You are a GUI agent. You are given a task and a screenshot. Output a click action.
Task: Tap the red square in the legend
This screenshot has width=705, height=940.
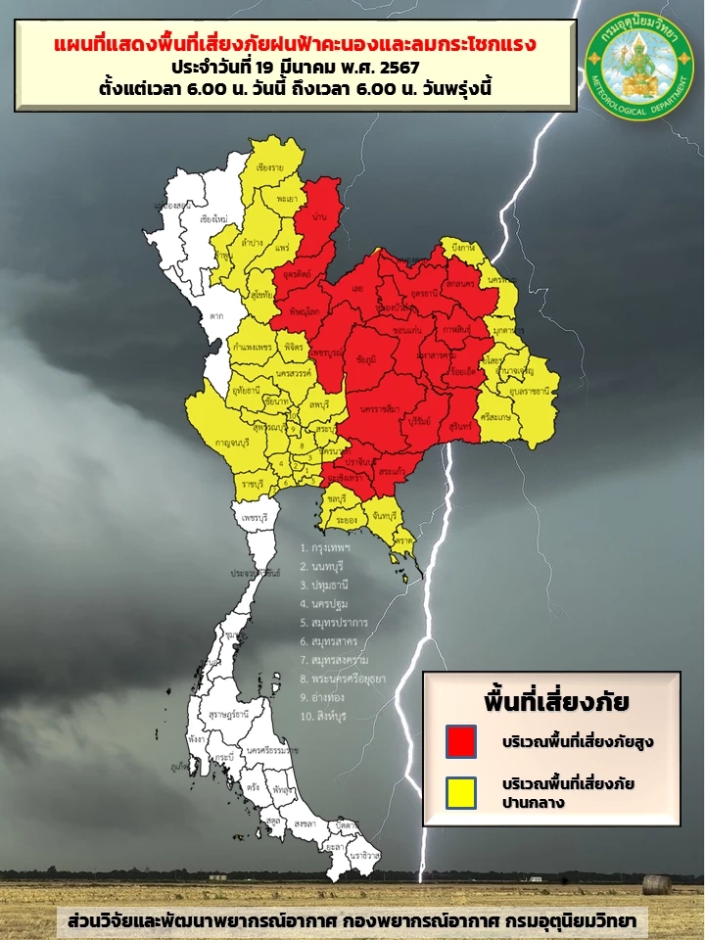point(460,740)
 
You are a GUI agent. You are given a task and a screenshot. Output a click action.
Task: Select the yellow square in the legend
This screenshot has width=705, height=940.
point(460,792)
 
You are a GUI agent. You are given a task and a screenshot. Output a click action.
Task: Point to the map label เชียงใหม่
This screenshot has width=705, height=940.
point(213,218)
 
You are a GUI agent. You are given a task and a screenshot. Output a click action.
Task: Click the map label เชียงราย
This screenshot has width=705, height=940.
point(269,168)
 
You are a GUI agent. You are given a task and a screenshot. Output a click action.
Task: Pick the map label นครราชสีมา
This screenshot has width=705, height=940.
point(378,407)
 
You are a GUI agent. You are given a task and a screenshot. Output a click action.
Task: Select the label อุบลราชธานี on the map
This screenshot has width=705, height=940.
point(526,391)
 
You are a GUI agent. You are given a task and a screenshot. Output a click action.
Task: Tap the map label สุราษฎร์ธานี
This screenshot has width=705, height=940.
point(226,716)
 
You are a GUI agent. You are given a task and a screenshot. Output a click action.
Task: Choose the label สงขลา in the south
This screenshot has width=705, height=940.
point(302,824)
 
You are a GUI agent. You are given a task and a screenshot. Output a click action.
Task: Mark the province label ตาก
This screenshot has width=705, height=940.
point(215,316)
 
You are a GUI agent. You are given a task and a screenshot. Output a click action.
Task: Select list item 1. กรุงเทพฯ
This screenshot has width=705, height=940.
point(325,548)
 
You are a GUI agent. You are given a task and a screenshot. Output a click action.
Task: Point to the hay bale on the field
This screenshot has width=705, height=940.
point(657,884)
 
